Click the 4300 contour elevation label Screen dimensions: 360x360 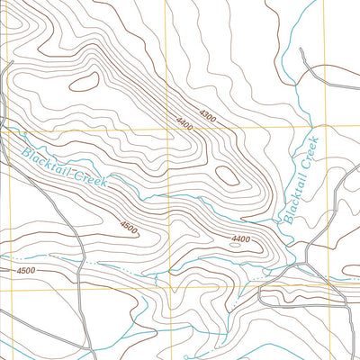(208, 115)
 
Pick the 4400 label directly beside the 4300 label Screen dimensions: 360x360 (186, 122)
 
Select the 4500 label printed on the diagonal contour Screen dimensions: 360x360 (128, 229)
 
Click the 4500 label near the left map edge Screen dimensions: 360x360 (25, 270)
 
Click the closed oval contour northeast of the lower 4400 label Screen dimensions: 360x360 (229, 175)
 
